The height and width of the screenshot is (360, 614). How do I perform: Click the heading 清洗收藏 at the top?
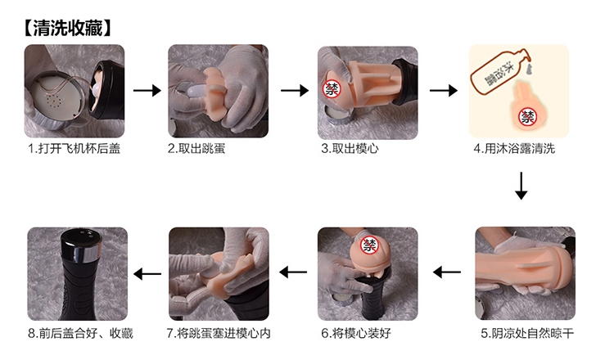(68, 28)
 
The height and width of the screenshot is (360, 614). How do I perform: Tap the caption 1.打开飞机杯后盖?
(74, 149)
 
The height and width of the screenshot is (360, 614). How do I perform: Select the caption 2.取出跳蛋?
(196, 149)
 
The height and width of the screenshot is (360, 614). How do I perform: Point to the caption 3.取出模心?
(350, 149)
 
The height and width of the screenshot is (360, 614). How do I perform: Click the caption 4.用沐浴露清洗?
(514, 149)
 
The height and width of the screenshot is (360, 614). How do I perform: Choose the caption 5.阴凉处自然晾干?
(527, 333)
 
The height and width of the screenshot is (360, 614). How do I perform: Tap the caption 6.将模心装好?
(356, 333)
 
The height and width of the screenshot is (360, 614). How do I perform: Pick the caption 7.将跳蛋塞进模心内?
(219, 333)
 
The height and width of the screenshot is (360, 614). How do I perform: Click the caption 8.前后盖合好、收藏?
(81, 333)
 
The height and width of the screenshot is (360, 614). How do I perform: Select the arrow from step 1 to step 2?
(147, 90)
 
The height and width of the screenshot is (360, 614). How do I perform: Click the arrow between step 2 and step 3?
(295, 90)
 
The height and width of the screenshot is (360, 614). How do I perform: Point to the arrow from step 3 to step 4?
(443, 90)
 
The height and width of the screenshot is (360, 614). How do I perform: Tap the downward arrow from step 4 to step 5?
(521, 186)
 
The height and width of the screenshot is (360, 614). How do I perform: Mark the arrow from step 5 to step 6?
(447, 272)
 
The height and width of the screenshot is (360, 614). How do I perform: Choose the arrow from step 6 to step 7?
(293, 272)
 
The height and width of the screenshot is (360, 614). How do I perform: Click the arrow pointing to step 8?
(147, 273)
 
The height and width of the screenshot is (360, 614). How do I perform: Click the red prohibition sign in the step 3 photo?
(332, 90)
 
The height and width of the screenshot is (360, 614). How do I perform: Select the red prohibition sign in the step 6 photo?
(369, 245)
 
